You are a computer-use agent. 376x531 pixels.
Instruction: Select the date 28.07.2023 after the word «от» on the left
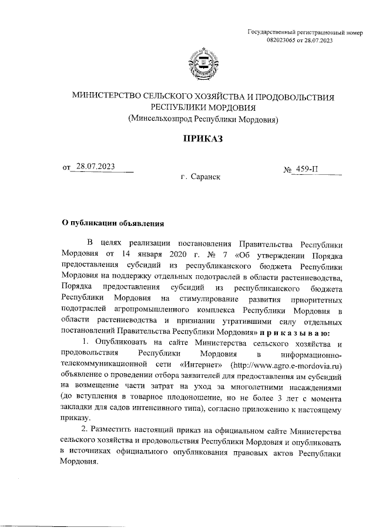tap(95, 167)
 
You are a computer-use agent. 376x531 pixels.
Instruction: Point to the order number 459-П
tap(308, 170)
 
